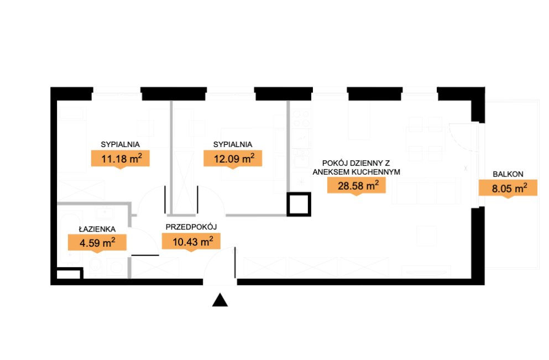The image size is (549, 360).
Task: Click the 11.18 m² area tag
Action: tap(121, 159)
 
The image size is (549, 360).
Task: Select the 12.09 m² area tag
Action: tap(233, 159)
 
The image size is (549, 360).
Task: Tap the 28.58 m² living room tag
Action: tap(357, 186)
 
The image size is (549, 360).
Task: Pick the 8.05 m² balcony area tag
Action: tap(508, 188)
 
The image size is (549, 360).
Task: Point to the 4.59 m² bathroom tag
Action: tap(97, 242)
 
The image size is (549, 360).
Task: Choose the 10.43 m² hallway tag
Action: tap(191, 241)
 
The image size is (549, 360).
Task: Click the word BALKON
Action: tap(508, 174)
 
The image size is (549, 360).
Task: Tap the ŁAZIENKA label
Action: tap(97, 229)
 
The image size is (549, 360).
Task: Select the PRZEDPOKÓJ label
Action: tap(191, 227)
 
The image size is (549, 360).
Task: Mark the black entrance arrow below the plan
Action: tap(220, 300)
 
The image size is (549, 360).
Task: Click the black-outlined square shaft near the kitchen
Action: tap(299, 204)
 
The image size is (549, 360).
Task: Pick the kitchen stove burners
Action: tap(301, 118)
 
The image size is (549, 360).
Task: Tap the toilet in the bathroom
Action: tap(96, 268)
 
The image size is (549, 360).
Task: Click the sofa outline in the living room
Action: tap(427, 190)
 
